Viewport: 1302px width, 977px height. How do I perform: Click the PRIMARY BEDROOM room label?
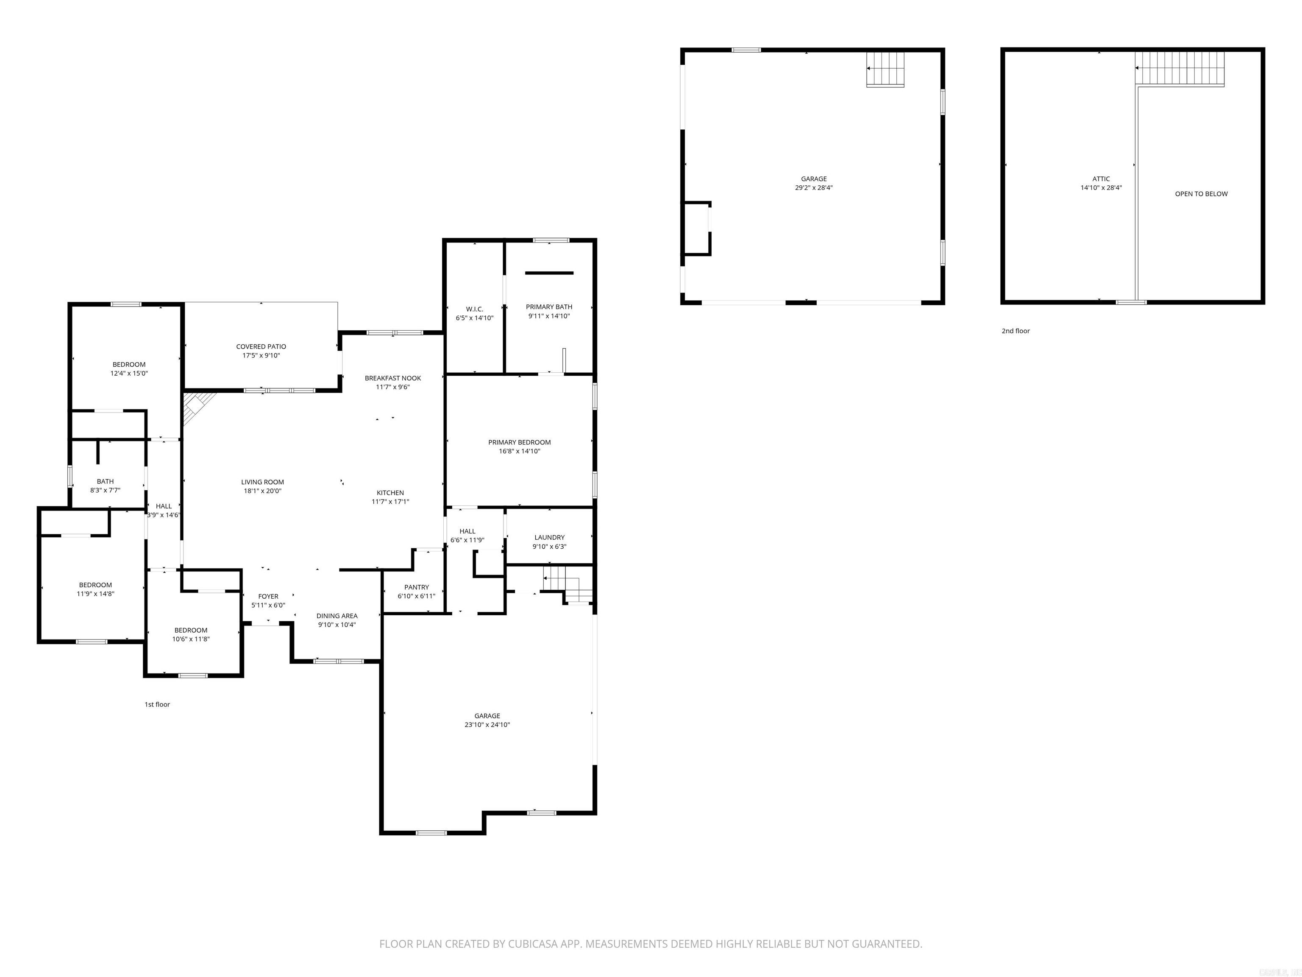[519, 442]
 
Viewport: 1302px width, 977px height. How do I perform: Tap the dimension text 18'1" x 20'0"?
[262, 491]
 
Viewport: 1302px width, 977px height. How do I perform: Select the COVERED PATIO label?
[261, 347]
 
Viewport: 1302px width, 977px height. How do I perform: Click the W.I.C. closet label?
[474, 309]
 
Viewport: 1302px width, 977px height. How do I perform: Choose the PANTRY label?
[416, 587]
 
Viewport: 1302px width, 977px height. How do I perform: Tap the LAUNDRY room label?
[549, 538]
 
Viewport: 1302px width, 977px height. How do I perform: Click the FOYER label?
[268, 597]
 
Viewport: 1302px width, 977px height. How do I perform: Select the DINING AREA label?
[337, 616]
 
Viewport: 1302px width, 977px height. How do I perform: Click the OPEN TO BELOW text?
[1201, 194]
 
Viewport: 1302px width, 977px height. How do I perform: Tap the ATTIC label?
[1101, 179]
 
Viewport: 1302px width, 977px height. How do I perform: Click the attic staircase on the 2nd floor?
[1179, 69]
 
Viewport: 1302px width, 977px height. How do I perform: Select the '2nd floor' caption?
[1015, 331]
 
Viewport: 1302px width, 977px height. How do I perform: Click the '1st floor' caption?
[157, 704]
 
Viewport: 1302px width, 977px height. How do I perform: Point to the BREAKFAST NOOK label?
[392, 378]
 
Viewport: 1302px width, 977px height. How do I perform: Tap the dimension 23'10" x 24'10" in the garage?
[487, 725]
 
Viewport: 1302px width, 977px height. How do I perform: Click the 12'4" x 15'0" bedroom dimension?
[129, 373]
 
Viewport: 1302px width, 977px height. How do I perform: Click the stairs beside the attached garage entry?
[562, 583]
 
